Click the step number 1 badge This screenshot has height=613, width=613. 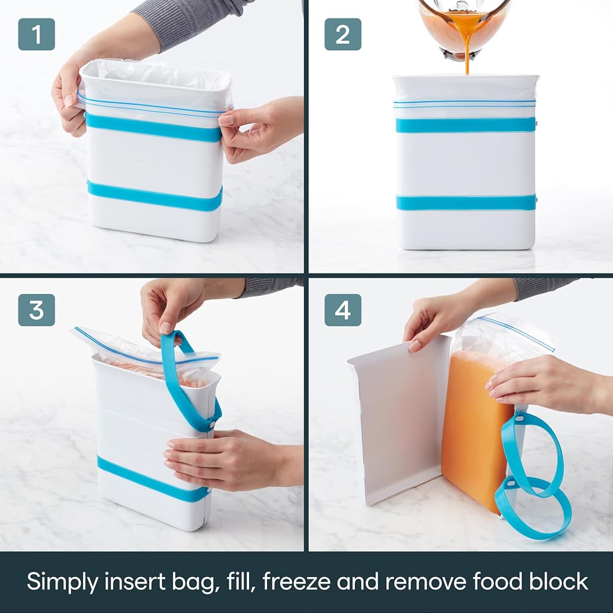click(37, 34)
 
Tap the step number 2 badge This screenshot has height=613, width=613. click(343, 34)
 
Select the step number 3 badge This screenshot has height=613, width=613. click(37, 310)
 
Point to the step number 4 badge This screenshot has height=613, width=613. click(343, 310)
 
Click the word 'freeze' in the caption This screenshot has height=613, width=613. click(296, 581)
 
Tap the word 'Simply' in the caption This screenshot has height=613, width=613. click(62, 582)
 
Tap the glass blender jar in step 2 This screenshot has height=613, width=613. click(465, 28)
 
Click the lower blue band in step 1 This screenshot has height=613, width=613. click(154, 196)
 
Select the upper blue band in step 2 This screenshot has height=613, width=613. click(466, 125)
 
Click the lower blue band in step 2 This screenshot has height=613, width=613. click(466, 202)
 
